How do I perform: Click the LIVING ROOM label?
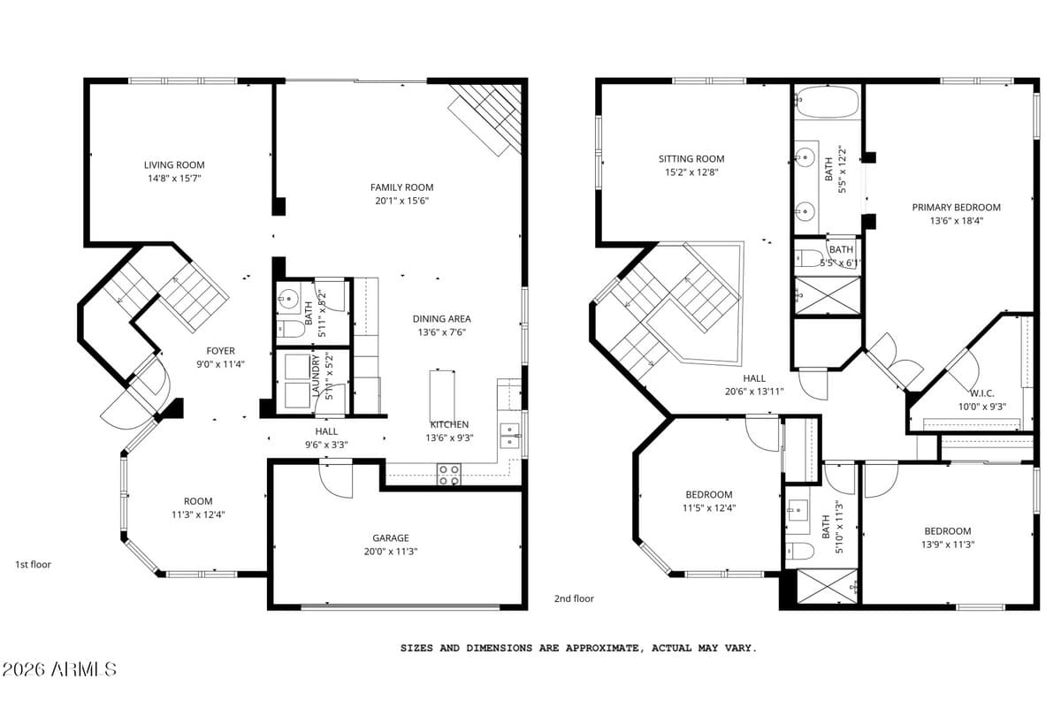point(174,164)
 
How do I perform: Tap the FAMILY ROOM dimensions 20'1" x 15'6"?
point(401,201)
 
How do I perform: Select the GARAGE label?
point(390,537)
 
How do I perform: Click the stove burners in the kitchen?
point(449,476)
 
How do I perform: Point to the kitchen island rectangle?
point(442,395)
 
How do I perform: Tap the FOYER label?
point(221,351)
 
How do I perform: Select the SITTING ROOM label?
point(691,159)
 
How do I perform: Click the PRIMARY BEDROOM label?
point(956,208)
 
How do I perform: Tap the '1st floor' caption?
point(34,564)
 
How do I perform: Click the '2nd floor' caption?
point(574,598)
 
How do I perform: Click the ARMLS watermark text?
point(59,669)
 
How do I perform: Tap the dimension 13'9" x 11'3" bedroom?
point(946,545)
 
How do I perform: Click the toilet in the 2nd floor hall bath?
point(800,551)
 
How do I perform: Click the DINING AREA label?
point(442,319)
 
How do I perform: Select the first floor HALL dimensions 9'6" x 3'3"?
point(326,445)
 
